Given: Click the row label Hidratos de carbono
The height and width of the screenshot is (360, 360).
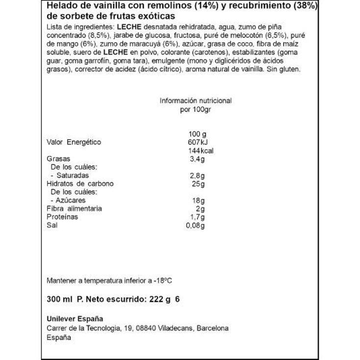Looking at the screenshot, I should [80, 184].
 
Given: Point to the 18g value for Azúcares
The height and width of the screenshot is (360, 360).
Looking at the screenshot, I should [198, 200].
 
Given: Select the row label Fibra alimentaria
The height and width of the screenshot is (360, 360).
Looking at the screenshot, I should [74, 209].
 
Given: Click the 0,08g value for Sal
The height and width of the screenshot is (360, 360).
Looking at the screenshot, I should [196, 225].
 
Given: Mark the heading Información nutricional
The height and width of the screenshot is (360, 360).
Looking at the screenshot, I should [195, 100].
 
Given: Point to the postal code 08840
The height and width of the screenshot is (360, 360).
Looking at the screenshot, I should [153, 328].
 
